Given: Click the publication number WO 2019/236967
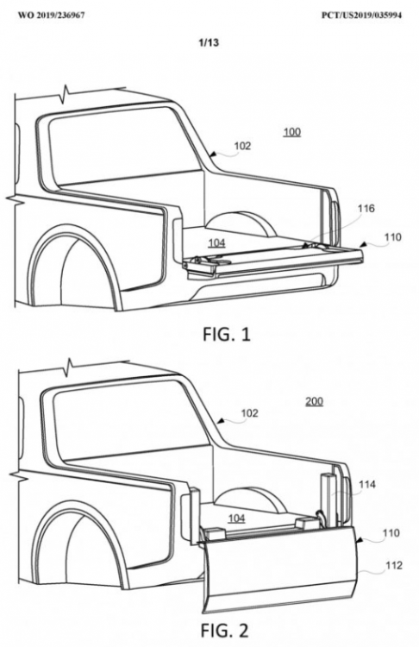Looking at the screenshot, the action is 52,16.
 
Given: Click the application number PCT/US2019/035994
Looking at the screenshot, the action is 361,16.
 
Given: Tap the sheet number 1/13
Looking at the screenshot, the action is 209,42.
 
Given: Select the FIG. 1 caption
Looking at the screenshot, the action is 227,335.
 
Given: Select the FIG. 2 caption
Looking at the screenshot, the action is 225,630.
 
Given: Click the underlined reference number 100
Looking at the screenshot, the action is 292,133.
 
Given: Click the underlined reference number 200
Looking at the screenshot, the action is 314,401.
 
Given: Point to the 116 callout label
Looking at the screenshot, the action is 366,209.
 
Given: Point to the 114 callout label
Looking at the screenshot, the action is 367,484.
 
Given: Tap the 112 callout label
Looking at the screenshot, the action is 393,565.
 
